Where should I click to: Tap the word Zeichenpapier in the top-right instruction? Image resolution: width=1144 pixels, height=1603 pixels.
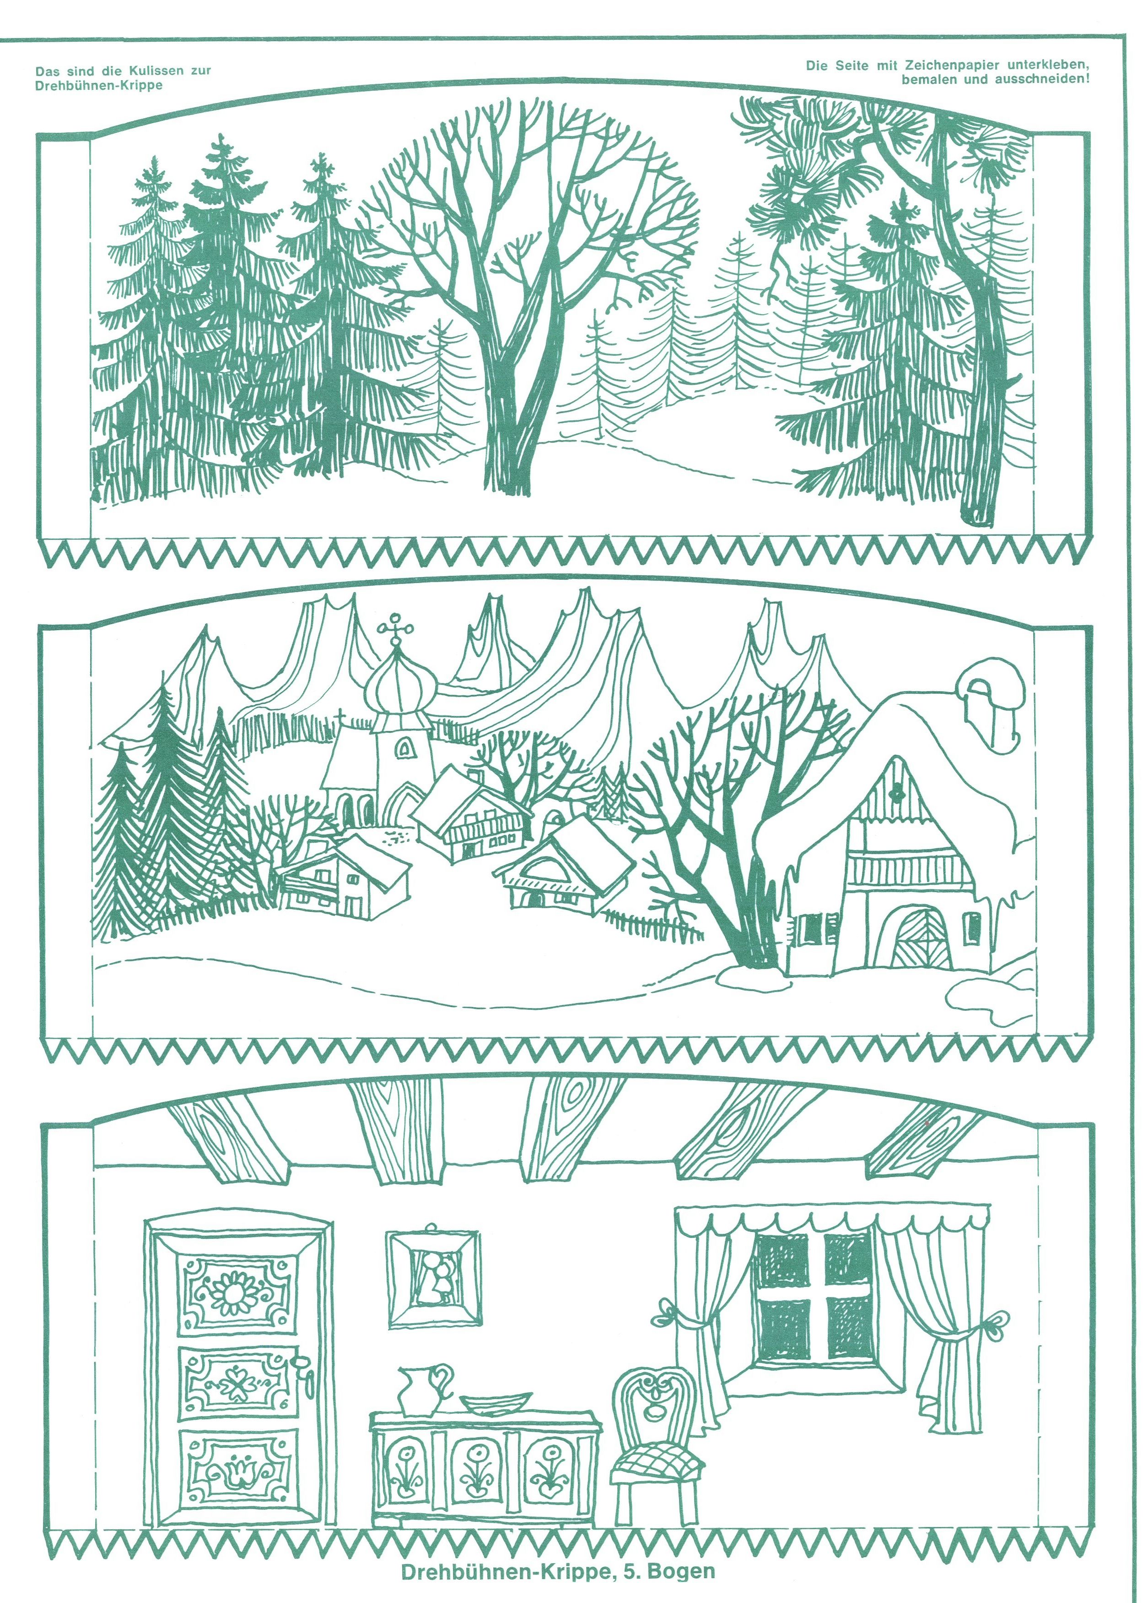(x=940, y=65)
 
